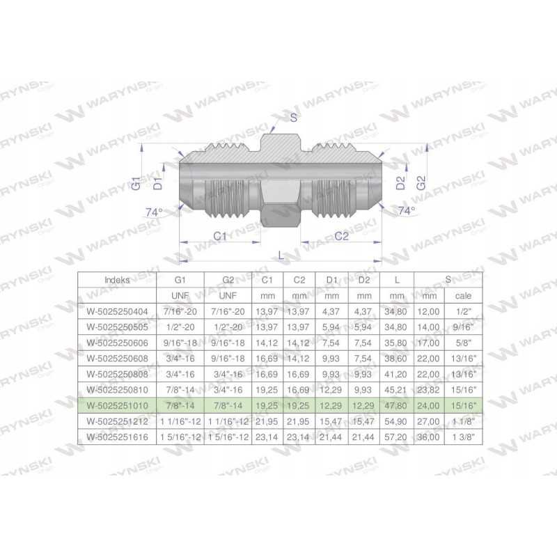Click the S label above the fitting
[293, 118]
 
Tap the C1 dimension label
[220, 236]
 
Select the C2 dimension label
[341, 236]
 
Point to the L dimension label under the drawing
[281, 255]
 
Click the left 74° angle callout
[154, 212]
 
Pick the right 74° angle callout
[407, 211]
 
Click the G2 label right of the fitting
[421, 183]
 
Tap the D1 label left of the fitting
[157, 183]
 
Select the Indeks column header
[117, 280]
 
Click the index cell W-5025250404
[117, 311]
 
